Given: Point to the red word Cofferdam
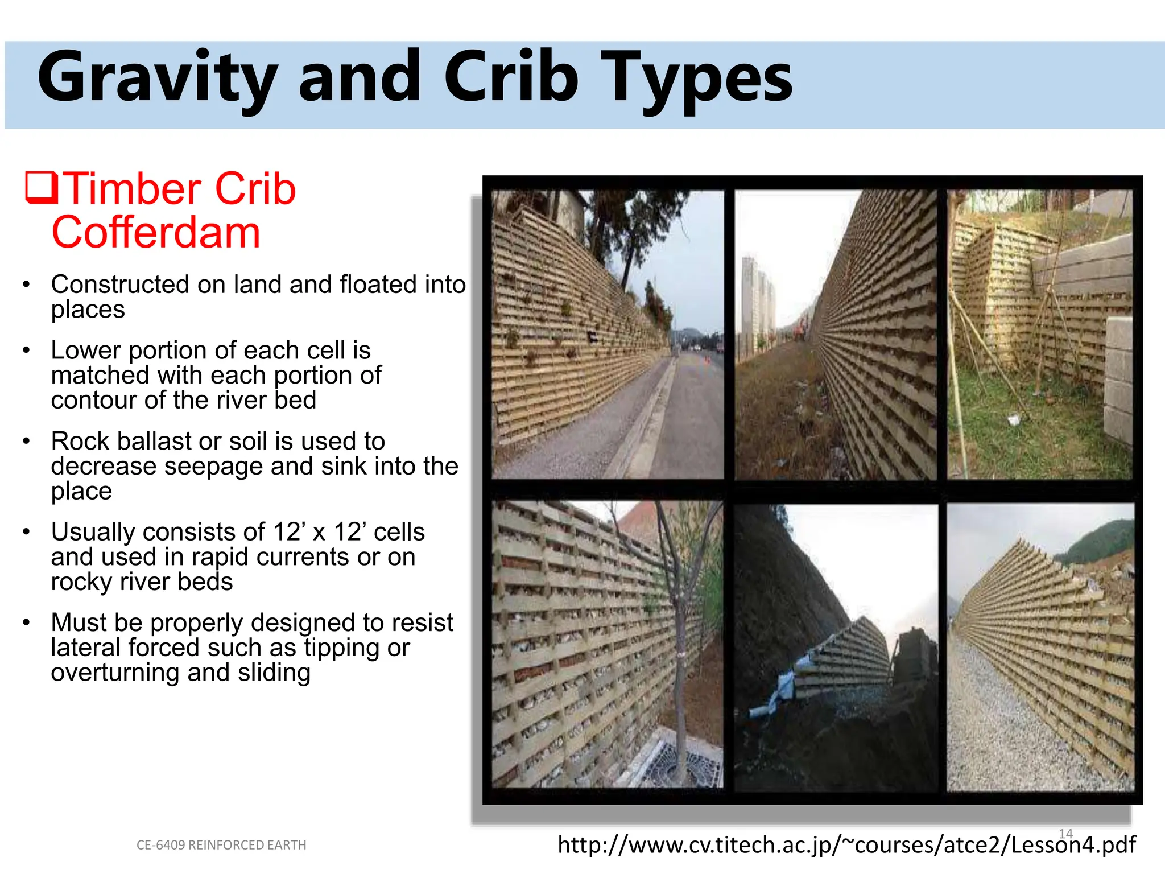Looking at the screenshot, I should [x=156, y=233].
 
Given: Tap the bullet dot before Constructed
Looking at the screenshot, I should [x=26, y=285].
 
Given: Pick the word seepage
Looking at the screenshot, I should [x=217, y=467].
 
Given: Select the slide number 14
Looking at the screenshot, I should [x=1065, y=834].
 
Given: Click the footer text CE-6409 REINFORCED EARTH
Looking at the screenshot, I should [x=221, y=845].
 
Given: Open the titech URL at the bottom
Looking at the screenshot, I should [x=846, y=845].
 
